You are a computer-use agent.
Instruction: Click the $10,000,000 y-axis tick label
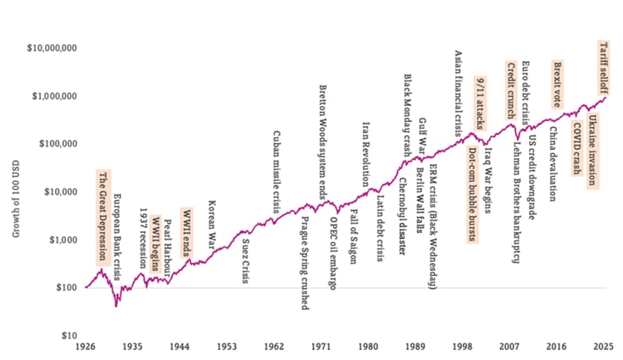click(50, 49)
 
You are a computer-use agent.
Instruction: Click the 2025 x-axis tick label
click(603, 347)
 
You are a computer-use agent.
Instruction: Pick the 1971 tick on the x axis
click(320, 347)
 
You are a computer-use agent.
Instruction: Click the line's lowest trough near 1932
click(116, 306)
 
